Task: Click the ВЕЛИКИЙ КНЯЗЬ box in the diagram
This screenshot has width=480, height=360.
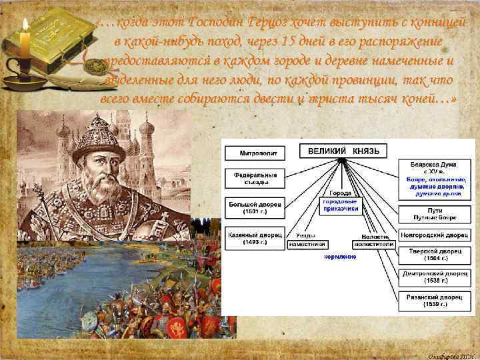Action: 343,151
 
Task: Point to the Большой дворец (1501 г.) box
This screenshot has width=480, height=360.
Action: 255,207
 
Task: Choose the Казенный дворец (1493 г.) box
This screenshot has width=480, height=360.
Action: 255,239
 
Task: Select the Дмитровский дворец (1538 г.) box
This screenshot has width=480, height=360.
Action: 435,277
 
